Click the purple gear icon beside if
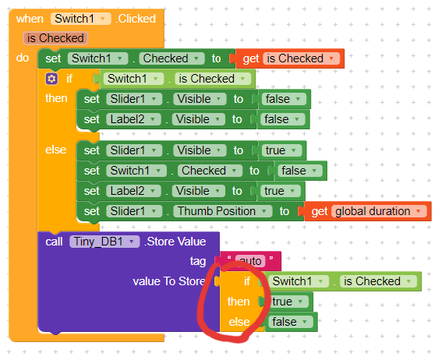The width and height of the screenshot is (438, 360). click(51, 79)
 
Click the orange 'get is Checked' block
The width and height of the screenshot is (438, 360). click(289, 58)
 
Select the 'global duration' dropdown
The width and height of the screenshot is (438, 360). click(379, 211)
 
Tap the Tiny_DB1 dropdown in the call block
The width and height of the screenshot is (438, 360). click(104, 242)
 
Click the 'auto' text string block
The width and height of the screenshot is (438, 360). click(250, 261)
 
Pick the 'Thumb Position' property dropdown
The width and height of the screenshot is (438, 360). click(222, 211)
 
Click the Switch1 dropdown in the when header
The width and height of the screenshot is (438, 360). click(81, 19)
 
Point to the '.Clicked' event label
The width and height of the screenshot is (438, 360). click(136, 19)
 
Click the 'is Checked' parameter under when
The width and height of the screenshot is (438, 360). click(55, 38)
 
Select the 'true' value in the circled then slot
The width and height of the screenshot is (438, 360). click(288, 302)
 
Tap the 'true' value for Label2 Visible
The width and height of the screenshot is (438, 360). click(280, 191)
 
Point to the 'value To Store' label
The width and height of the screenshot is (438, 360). click(169, 281)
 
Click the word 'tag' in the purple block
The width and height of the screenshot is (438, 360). click(198, 261)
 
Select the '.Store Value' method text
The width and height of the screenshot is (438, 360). click(175, 242)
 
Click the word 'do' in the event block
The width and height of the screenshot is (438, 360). click(23, 58)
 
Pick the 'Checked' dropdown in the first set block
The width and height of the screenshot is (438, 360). click(171, 58)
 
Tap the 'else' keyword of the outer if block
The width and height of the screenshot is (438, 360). click(56, 150)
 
